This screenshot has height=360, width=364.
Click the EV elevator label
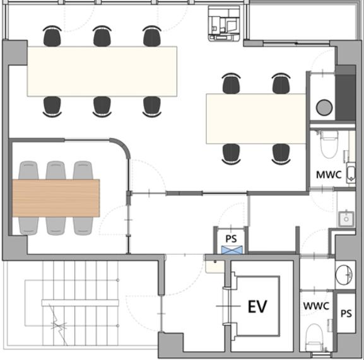pyautogui.click(x=257, y=306)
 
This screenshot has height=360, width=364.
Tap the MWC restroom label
pyautogui.click(x=329, y=175)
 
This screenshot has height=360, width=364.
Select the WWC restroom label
pyautogui.click(x=316, y=306)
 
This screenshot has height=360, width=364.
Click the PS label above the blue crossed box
pyautogui.click(x=232, y=239)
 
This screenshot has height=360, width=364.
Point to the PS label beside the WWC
pyautogui.click(x=346, y=313)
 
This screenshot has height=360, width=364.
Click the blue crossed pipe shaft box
pyautogui.click(x=232, y=250)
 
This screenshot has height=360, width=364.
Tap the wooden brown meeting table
pyautogui.click(x=56, y=198)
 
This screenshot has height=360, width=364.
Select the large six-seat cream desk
pyautogui.click(x=102, y=71)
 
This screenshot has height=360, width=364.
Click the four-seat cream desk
pyautogui.click(x=256, y=119)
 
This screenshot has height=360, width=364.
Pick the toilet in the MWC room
pyautogui.click(x=329, y=144)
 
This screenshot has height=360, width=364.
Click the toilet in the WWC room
pyautogui.click(x=314, y=337)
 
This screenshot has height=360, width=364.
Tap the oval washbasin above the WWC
pyautogui.click(x=344, y=275)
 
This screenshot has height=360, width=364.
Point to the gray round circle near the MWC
pyautogui.click(x=324, y=107)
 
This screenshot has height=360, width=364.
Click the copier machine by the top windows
pyautogui.click(x=224, y=23)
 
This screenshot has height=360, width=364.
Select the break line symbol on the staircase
pyautogui.click(x=58, y=325)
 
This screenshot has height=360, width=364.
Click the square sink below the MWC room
pyautogui.click(x=346, y=219)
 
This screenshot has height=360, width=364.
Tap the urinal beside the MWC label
pyautogui.click(x=351, y=173)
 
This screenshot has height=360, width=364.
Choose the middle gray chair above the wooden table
pyautogui.click(x=56, y=170)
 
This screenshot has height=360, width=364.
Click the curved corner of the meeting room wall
pyautogui.click(x=120, y=147)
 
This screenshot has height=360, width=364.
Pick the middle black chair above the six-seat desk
pyautogui.click(x=102, y=36)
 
